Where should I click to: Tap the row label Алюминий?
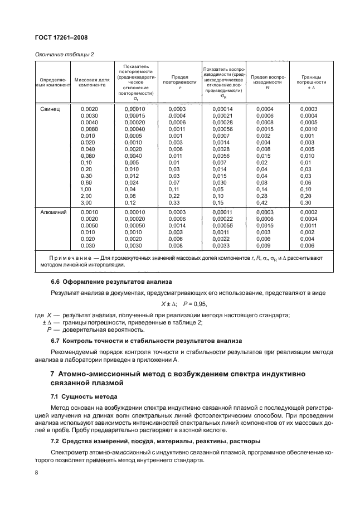tap(51, 212)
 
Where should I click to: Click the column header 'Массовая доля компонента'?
tap(92, 83)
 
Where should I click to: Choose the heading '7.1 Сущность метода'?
tap(84, 396)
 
